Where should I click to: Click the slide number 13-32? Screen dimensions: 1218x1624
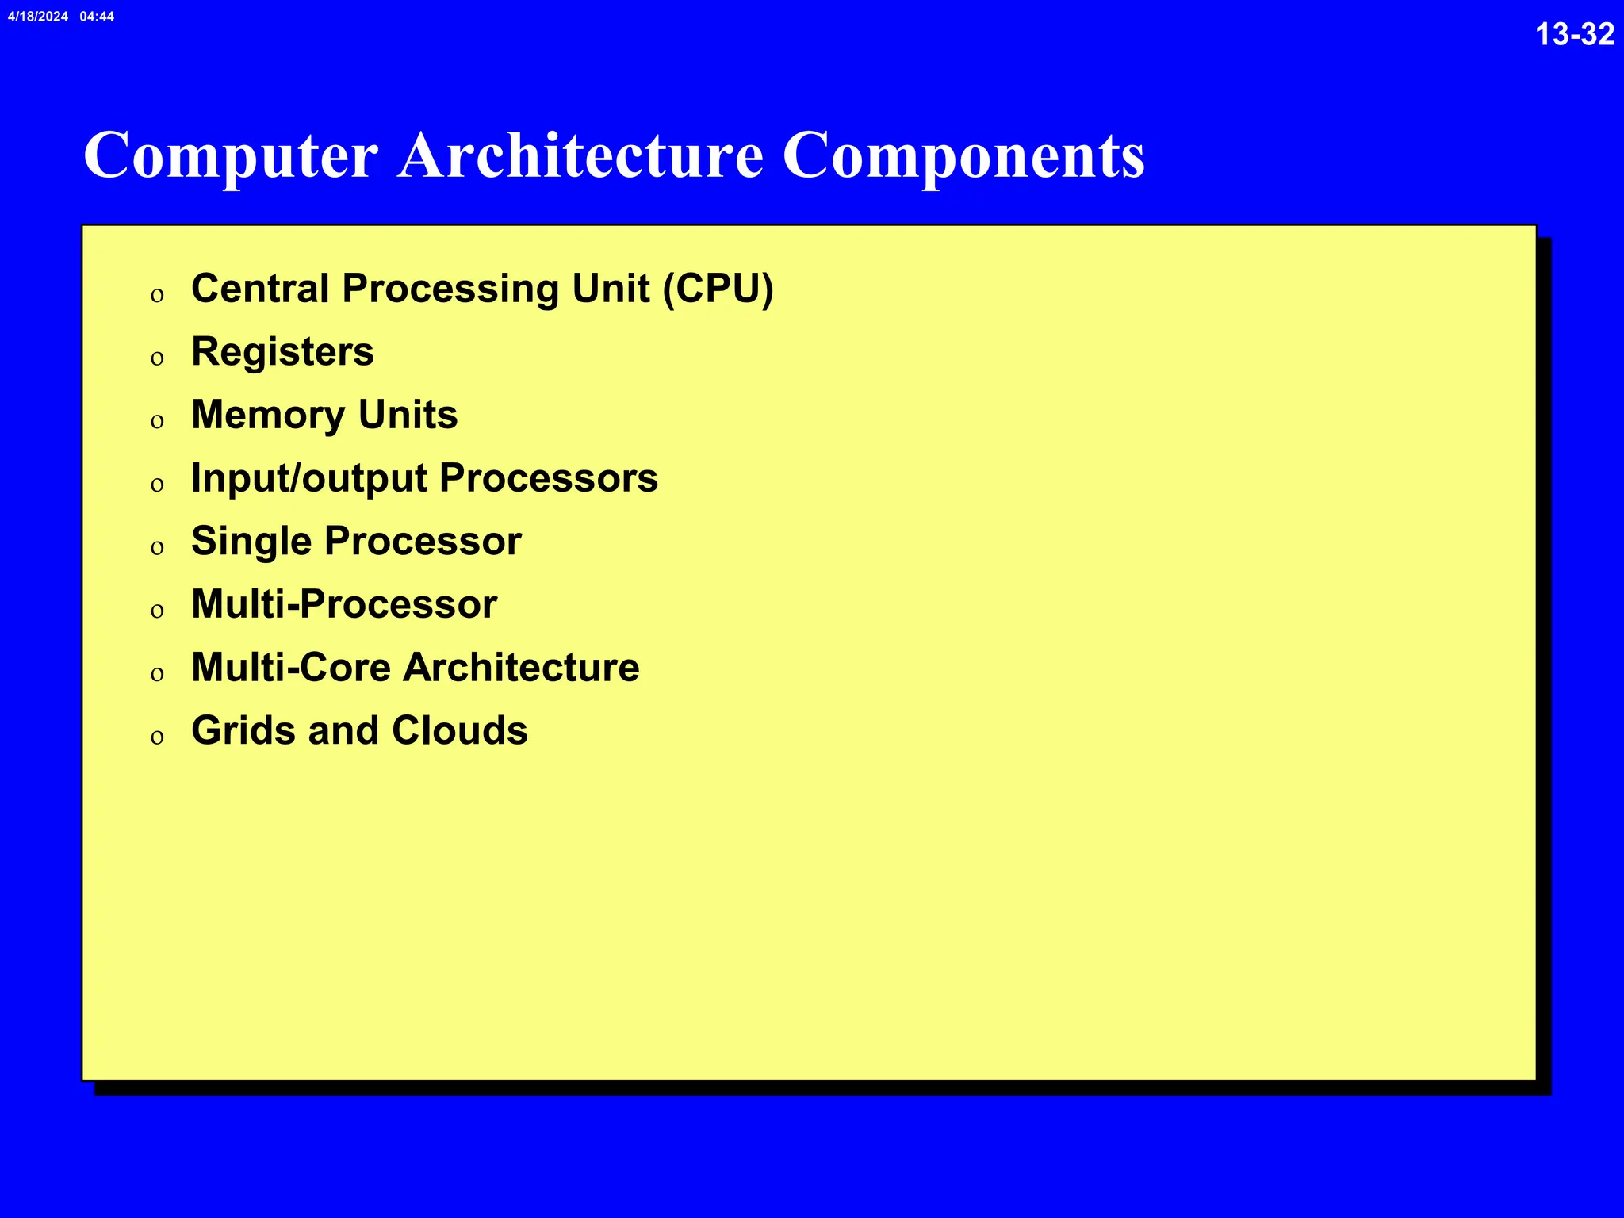point(1574,35)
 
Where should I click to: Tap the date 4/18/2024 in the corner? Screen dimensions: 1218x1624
point(38,17)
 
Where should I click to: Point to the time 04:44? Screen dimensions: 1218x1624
point(97,17)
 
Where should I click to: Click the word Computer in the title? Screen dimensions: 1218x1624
point(231,156)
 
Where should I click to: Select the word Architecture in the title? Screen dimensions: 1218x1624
point(580,155)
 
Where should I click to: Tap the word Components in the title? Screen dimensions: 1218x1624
point(963,156)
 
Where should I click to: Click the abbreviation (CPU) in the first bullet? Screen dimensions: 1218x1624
point(718,289)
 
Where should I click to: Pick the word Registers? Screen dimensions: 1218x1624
point(282,352)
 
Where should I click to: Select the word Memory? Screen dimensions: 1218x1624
point(268,416)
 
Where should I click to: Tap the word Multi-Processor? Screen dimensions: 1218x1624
point(344,604)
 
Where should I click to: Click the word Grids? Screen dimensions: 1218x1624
point(243,730)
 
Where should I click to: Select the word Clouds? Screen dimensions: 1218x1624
point(459,730)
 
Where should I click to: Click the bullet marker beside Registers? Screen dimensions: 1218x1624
point(157,358)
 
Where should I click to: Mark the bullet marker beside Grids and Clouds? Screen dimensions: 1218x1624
point(157,737)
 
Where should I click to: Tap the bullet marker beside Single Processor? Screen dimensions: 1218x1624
point(157,548)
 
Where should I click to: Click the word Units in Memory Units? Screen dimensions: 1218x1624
point(408,415)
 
